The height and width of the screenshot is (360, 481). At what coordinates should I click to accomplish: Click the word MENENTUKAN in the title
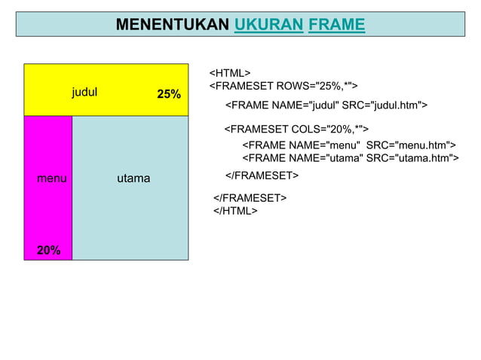173,25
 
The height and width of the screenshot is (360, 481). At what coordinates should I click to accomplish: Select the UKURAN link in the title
268,25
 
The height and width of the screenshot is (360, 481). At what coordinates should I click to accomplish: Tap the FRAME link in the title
336,25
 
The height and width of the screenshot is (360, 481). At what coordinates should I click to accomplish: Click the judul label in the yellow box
85,93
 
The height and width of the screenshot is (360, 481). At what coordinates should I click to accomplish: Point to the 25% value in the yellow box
168,94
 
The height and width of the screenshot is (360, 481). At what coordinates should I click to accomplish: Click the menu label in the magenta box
51,178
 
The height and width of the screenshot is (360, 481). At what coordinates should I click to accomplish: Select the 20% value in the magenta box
49,250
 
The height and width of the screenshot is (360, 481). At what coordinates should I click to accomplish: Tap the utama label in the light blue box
133,178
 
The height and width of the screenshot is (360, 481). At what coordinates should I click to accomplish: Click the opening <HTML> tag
229,73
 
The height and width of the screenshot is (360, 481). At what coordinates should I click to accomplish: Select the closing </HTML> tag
235,211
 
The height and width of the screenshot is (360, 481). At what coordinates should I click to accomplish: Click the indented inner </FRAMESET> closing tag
262,175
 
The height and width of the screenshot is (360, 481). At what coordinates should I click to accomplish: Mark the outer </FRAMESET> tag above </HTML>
250,198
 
